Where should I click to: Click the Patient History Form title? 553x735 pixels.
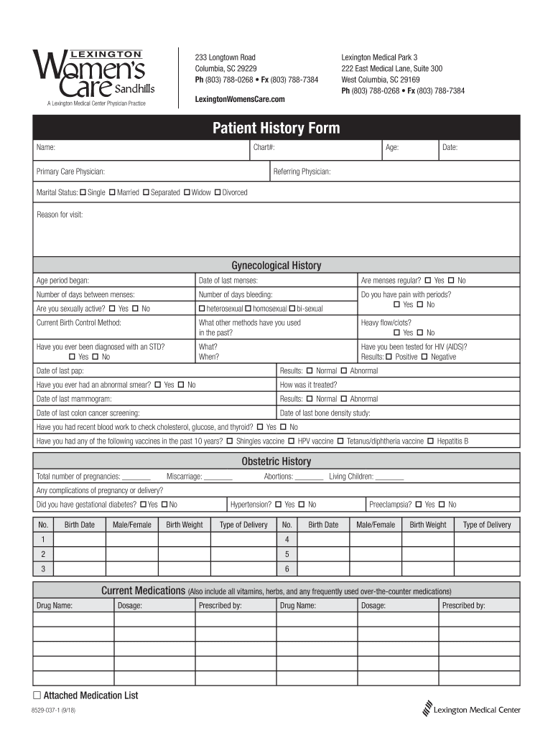coord(276,128)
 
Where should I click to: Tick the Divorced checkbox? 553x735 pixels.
coord(218,192)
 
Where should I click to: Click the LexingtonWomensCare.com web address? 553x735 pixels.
coord(240,98)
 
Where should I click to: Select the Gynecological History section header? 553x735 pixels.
coord(276,266)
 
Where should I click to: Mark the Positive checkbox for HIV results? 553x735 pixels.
coord(389,357)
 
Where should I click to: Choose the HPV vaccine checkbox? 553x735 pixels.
coord(292,441)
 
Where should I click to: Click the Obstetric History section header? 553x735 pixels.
coord(276,462)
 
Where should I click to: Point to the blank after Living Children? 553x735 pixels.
coord(389,477)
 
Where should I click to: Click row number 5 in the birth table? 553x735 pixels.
coord(287,554)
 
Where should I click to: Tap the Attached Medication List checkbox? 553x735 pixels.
coord(37,696)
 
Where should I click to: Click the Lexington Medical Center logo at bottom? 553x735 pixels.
coord(472,709)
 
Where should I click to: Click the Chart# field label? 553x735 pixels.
coord(264,147)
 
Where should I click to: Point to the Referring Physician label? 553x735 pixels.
coord(302,172)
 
